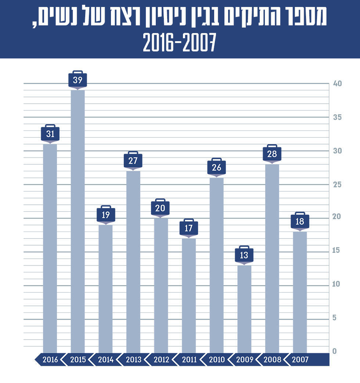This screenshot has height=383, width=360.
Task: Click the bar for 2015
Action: (78, 221)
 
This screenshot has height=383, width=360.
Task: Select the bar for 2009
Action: (244, 309)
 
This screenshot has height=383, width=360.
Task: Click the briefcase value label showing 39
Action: (78, 80)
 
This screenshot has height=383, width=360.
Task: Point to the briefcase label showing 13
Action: (244, 255)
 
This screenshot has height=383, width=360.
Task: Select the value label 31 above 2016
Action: (50, 134)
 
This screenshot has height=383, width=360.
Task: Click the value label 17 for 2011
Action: (188, 228)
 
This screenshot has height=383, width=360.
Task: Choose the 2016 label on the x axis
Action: (50, 359)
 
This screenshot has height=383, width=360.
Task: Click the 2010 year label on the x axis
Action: (217, 359)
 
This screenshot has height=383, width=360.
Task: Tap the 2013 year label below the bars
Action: (133, 359)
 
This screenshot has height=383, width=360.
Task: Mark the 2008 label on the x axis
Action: (272, 359)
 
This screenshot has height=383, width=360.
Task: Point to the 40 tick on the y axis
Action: (337, 84)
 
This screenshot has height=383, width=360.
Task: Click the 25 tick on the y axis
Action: (337, 185)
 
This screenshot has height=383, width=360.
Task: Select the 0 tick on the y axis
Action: (335, 351)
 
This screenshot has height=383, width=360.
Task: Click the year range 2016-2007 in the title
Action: (180, 43)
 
